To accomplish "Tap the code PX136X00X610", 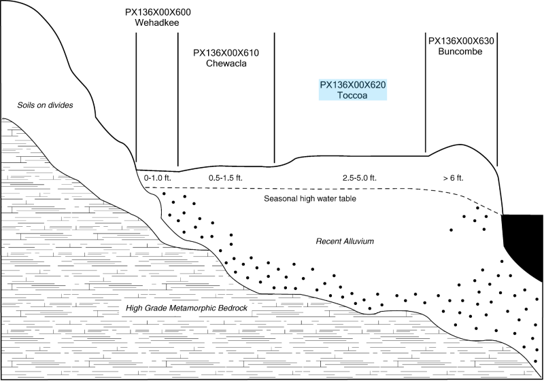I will coord(226,53).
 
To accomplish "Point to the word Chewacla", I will coord(226,64).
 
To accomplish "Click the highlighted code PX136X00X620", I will coord(353,85).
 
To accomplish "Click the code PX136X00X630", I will coord(462,41).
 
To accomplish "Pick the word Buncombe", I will coord(462,52).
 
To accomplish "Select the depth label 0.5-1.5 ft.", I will coord(225,178).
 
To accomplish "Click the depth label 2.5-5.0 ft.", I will coord(359,178).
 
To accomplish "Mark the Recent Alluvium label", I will coord(347,242).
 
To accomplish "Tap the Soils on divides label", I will coord(46,105).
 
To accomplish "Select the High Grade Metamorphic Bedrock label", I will coord(186,309).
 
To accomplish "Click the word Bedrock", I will coord(229,309).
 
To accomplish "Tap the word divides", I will coord(60,105).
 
